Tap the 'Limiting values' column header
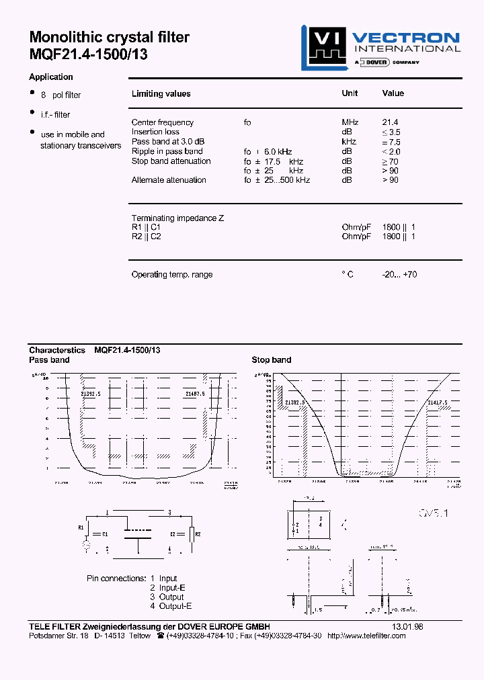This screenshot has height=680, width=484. (x=161, y=94)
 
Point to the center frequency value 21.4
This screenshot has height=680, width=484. (x=390, y=122)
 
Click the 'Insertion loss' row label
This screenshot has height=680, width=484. (x=155, y=132)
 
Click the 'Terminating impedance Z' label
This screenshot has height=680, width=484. (x=177, y=218)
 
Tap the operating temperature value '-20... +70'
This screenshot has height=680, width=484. (x=399, y=275)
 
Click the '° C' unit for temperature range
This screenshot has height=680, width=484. (x=347, y=275)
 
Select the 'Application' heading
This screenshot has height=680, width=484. (x=51, y=77)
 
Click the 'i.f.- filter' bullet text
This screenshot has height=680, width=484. (x=55, y=115)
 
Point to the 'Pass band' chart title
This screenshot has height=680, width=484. (x=49, y=360)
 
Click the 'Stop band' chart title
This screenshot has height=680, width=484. (x=272, y=360)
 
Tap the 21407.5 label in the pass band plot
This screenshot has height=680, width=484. (x=194, y=394)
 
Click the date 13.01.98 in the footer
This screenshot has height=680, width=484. (x=407, y=626)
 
